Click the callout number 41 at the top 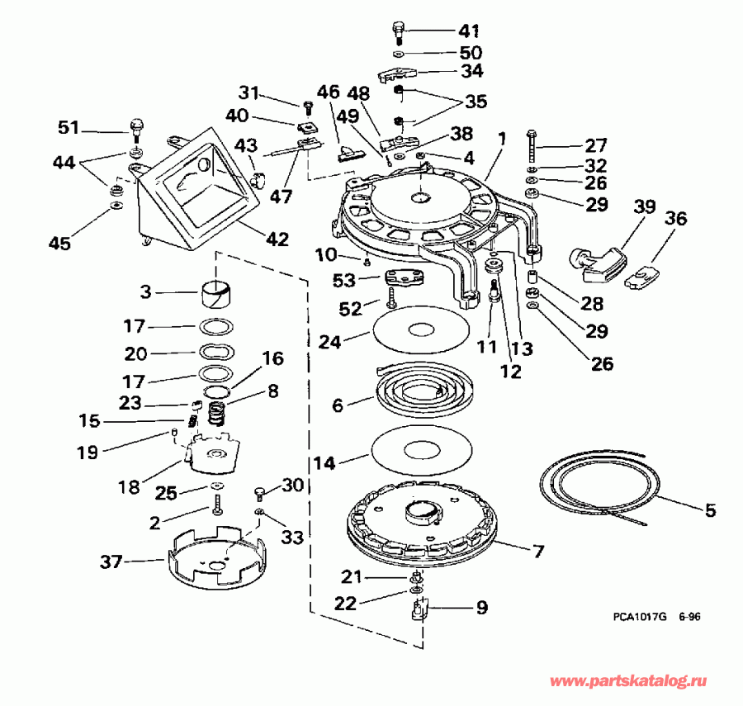469,31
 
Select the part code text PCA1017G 638,616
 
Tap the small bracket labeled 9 418,612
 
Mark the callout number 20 136,353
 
